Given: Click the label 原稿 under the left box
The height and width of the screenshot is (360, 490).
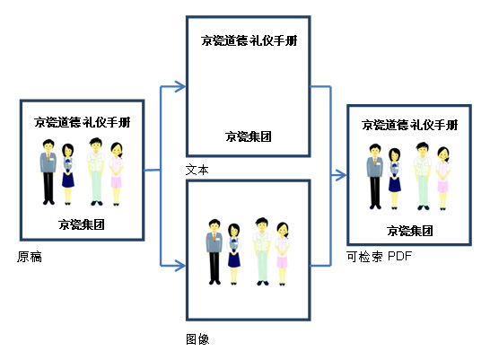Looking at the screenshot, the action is (30, 257).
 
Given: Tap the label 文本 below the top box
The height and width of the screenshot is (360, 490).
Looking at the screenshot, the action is (197, 170).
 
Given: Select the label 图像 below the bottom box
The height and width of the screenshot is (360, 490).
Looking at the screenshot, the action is (197, 339).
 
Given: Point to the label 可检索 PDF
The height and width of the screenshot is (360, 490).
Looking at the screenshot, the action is (379, 256).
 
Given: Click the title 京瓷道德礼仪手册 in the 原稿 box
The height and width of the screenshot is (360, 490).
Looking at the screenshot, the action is (83, 122).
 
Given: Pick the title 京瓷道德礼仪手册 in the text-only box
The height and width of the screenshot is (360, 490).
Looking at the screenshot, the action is (249, 40).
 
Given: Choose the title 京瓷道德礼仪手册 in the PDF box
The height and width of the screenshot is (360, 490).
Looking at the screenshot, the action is (410, 125).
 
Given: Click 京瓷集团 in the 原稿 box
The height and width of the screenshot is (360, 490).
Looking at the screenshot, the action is (82, 224).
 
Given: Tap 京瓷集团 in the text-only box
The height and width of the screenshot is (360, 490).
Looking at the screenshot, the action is (249, 136).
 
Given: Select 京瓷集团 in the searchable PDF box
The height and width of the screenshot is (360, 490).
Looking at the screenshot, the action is (410, 231).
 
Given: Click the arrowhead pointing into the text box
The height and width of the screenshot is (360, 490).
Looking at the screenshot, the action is (180, 86).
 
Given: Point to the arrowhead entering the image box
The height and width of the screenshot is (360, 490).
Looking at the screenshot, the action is (180, 266).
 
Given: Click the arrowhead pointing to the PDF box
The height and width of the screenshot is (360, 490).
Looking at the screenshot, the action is (341, 175).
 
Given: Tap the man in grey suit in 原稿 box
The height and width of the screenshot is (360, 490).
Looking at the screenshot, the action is (48, 171).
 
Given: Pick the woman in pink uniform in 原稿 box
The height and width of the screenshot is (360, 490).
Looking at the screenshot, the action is (117, 174).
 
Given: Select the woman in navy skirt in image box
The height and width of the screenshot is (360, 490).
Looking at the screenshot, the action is (233, 254).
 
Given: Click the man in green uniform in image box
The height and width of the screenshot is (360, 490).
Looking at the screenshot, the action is (262, 251).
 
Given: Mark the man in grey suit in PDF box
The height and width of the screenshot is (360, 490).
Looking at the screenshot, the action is (375, 177).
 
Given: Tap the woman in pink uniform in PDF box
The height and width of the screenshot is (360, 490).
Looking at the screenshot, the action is (442, 178).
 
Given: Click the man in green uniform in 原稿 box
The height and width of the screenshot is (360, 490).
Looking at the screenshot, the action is (96, 171).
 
